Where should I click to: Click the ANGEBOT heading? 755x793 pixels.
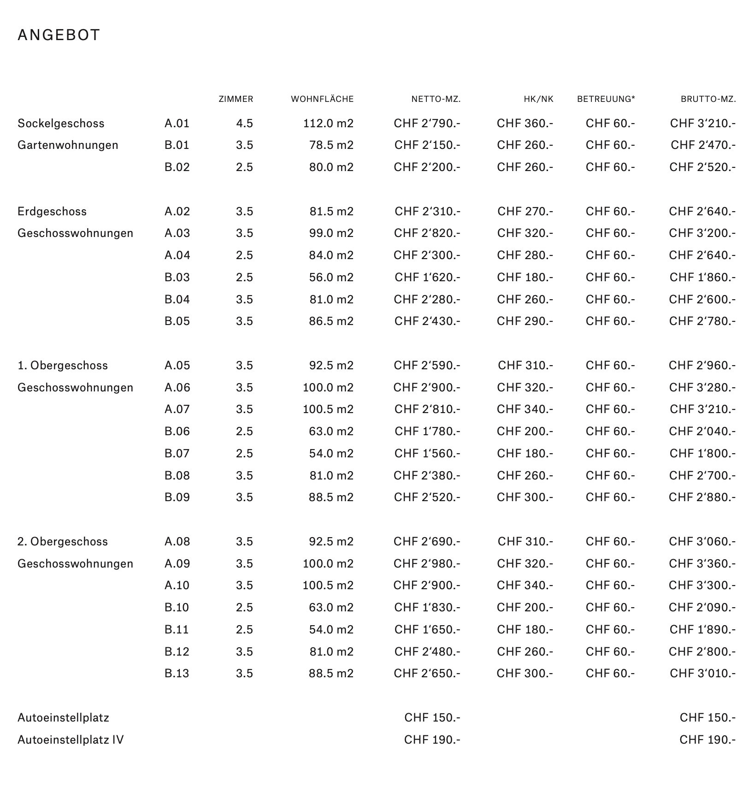(59, 36)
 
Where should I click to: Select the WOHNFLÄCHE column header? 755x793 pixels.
(322, 99)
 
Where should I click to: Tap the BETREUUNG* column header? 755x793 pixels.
(606, 99)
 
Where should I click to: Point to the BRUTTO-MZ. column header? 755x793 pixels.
(708, 99)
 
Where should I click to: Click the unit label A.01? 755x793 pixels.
(177, 124)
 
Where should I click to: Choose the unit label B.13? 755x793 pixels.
(177, 674)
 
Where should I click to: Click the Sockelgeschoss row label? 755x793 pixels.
(61, 124)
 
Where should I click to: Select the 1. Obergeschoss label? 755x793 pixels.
(63, 366)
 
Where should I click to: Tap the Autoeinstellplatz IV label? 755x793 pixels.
(71, 740)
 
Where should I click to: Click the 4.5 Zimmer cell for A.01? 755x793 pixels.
(244, 124)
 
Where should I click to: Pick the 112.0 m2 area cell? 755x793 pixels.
(328, 124)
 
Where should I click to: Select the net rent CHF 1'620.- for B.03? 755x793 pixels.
(427, 278)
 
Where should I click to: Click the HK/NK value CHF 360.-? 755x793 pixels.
(525, 124)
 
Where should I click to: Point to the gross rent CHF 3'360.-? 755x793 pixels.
(702, 564)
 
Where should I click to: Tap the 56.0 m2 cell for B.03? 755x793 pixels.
(331, 278)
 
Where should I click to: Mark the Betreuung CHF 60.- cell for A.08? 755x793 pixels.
(610, 542)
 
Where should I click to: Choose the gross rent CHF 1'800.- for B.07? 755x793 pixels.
(703, 454)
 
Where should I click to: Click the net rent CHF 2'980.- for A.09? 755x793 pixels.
(427, 564)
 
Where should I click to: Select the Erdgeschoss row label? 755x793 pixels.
(52, 212)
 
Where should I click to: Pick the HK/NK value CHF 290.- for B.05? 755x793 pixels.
(525, 321)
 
